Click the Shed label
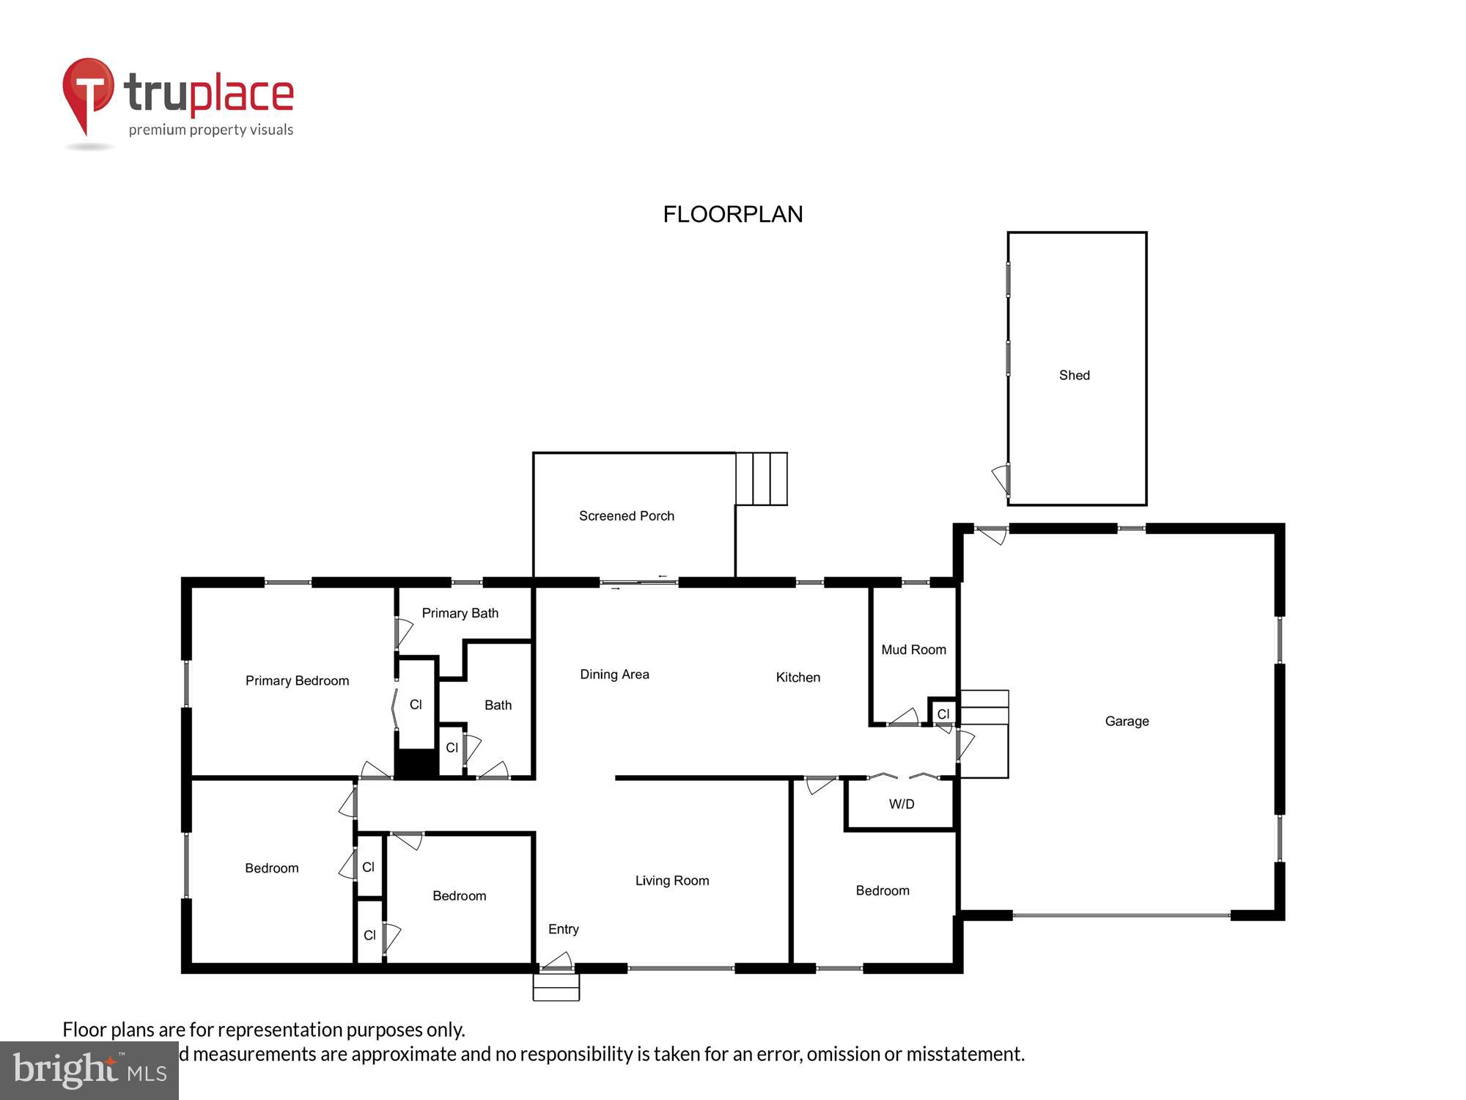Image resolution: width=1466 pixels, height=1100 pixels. click(x=1074, y=375)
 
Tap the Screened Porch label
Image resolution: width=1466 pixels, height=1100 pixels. click(x=626, y=516)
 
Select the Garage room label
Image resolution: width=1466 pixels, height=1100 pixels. click(x=1127, y=722)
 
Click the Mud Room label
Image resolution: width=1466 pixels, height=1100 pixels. click(x=913, y=650)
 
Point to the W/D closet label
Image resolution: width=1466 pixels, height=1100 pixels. click(x=902, y=804)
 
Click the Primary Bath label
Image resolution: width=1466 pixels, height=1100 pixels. click(x=460, y=613)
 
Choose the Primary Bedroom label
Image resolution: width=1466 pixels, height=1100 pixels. click(x=297, y=681)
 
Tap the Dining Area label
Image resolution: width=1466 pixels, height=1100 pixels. click(x=614, y=675)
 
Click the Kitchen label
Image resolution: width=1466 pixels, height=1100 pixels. click(x=798, y=678)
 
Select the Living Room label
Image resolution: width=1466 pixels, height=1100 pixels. click(x=671, y=881)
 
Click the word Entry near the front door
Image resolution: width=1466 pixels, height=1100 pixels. click(x=563, y=929)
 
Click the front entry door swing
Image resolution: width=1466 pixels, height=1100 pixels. click(x=559, y=960)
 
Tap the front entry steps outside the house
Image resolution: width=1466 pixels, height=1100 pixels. click(x=556, y=987)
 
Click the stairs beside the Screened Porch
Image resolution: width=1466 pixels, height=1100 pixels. click(x=761, y=479)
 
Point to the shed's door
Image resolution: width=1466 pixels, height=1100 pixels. click(x=1001, y=480)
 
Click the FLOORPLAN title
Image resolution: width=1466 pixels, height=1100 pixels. click(x=732, y=214)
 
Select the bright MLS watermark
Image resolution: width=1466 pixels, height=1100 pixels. click(x=89, y=1071)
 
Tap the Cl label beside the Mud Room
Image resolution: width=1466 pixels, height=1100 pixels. click(x=943, y=714)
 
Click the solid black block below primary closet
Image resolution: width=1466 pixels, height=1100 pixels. click(x=416, y=764)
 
